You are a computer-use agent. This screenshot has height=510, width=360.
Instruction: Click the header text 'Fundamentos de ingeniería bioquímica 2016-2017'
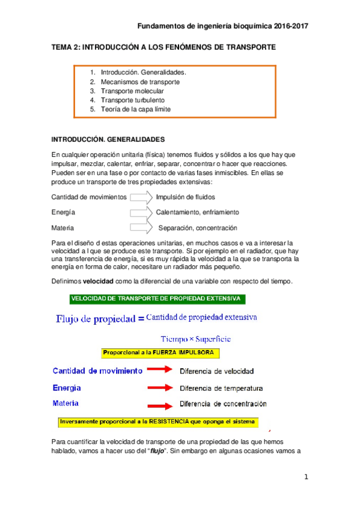[x=223, y=26]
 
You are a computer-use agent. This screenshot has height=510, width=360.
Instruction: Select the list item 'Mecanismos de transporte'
[x=140, y=81]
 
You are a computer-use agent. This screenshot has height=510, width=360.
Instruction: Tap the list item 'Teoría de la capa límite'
[x=136, y=109]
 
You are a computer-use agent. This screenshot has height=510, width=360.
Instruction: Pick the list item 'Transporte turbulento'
[x=133, y=100]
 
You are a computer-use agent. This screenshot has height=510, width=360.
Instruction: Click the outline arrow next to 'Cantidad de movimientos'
[x=141, y=197]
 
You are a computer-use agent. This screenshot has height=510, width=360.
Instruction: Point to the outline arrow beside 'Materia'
[x=141, y=228]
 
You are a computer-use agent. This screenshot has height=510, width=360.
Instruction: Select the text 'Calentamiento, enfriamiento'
[x=197, y=212]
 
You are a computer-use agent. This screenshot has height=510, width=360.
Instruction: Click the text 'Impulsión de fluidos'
[x=185, y=197]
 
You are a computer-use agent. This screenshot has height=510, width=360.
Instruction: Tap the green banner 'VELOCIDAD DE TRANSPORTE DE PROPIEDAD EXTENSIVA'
[x=156, y=298]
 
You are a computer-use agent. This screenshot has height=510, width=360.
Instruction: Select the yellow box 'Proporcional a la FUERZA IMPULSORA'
[x=160, y=353]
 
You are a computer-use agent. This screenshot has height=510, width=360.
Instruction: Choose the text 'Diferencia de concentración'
[x=224, y=404]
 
